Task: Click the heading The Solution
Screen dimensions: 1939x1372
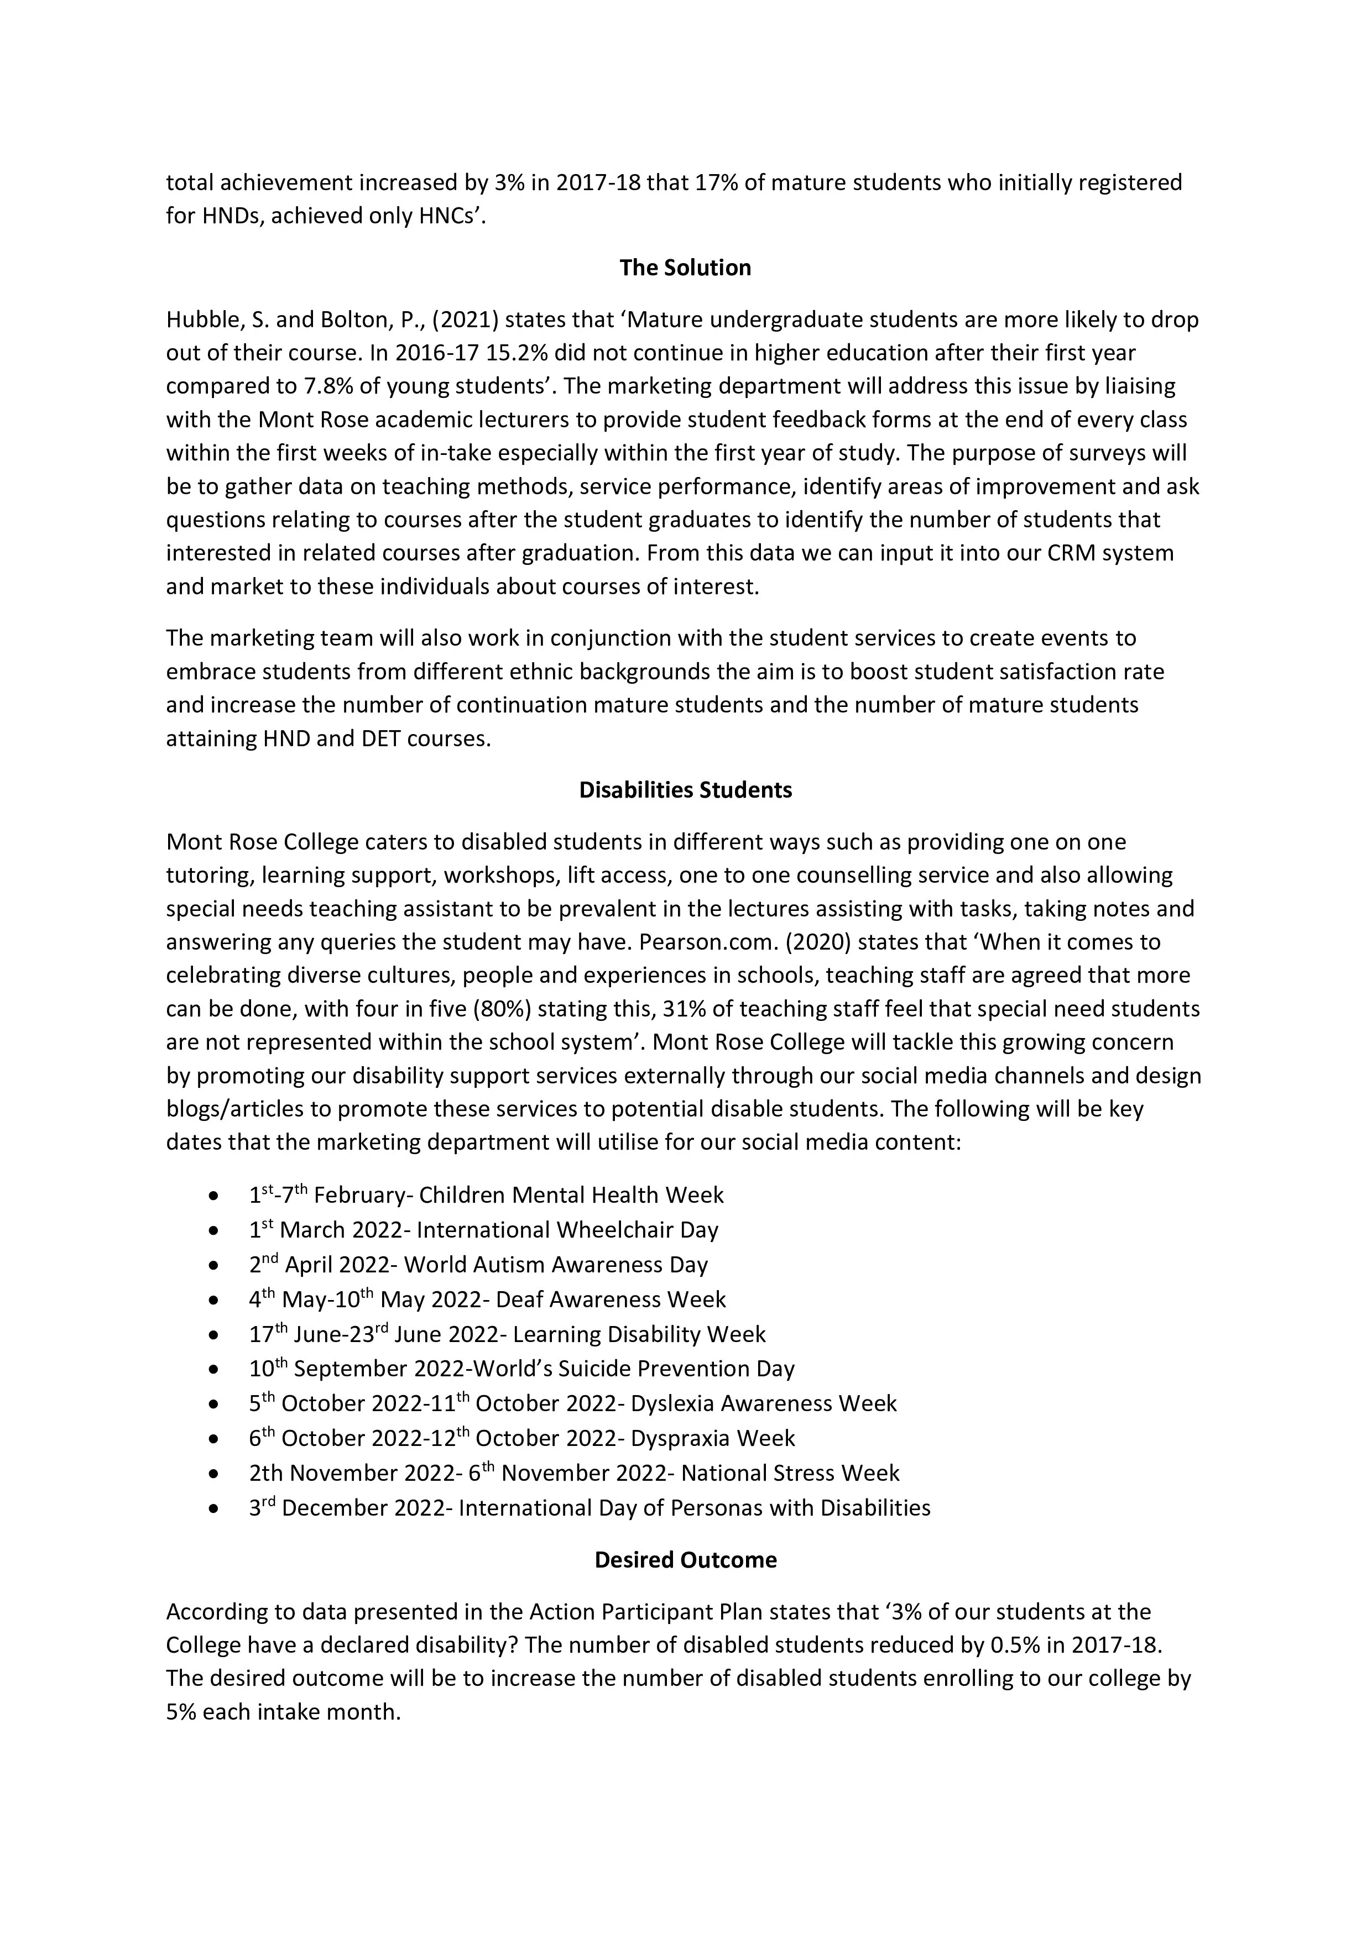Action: coord(685,268)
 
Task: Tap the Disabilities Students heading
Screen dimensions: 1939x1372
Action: coord(685,790)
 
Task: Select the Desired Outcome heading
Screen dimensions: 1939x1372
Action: coord(685,1560)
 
